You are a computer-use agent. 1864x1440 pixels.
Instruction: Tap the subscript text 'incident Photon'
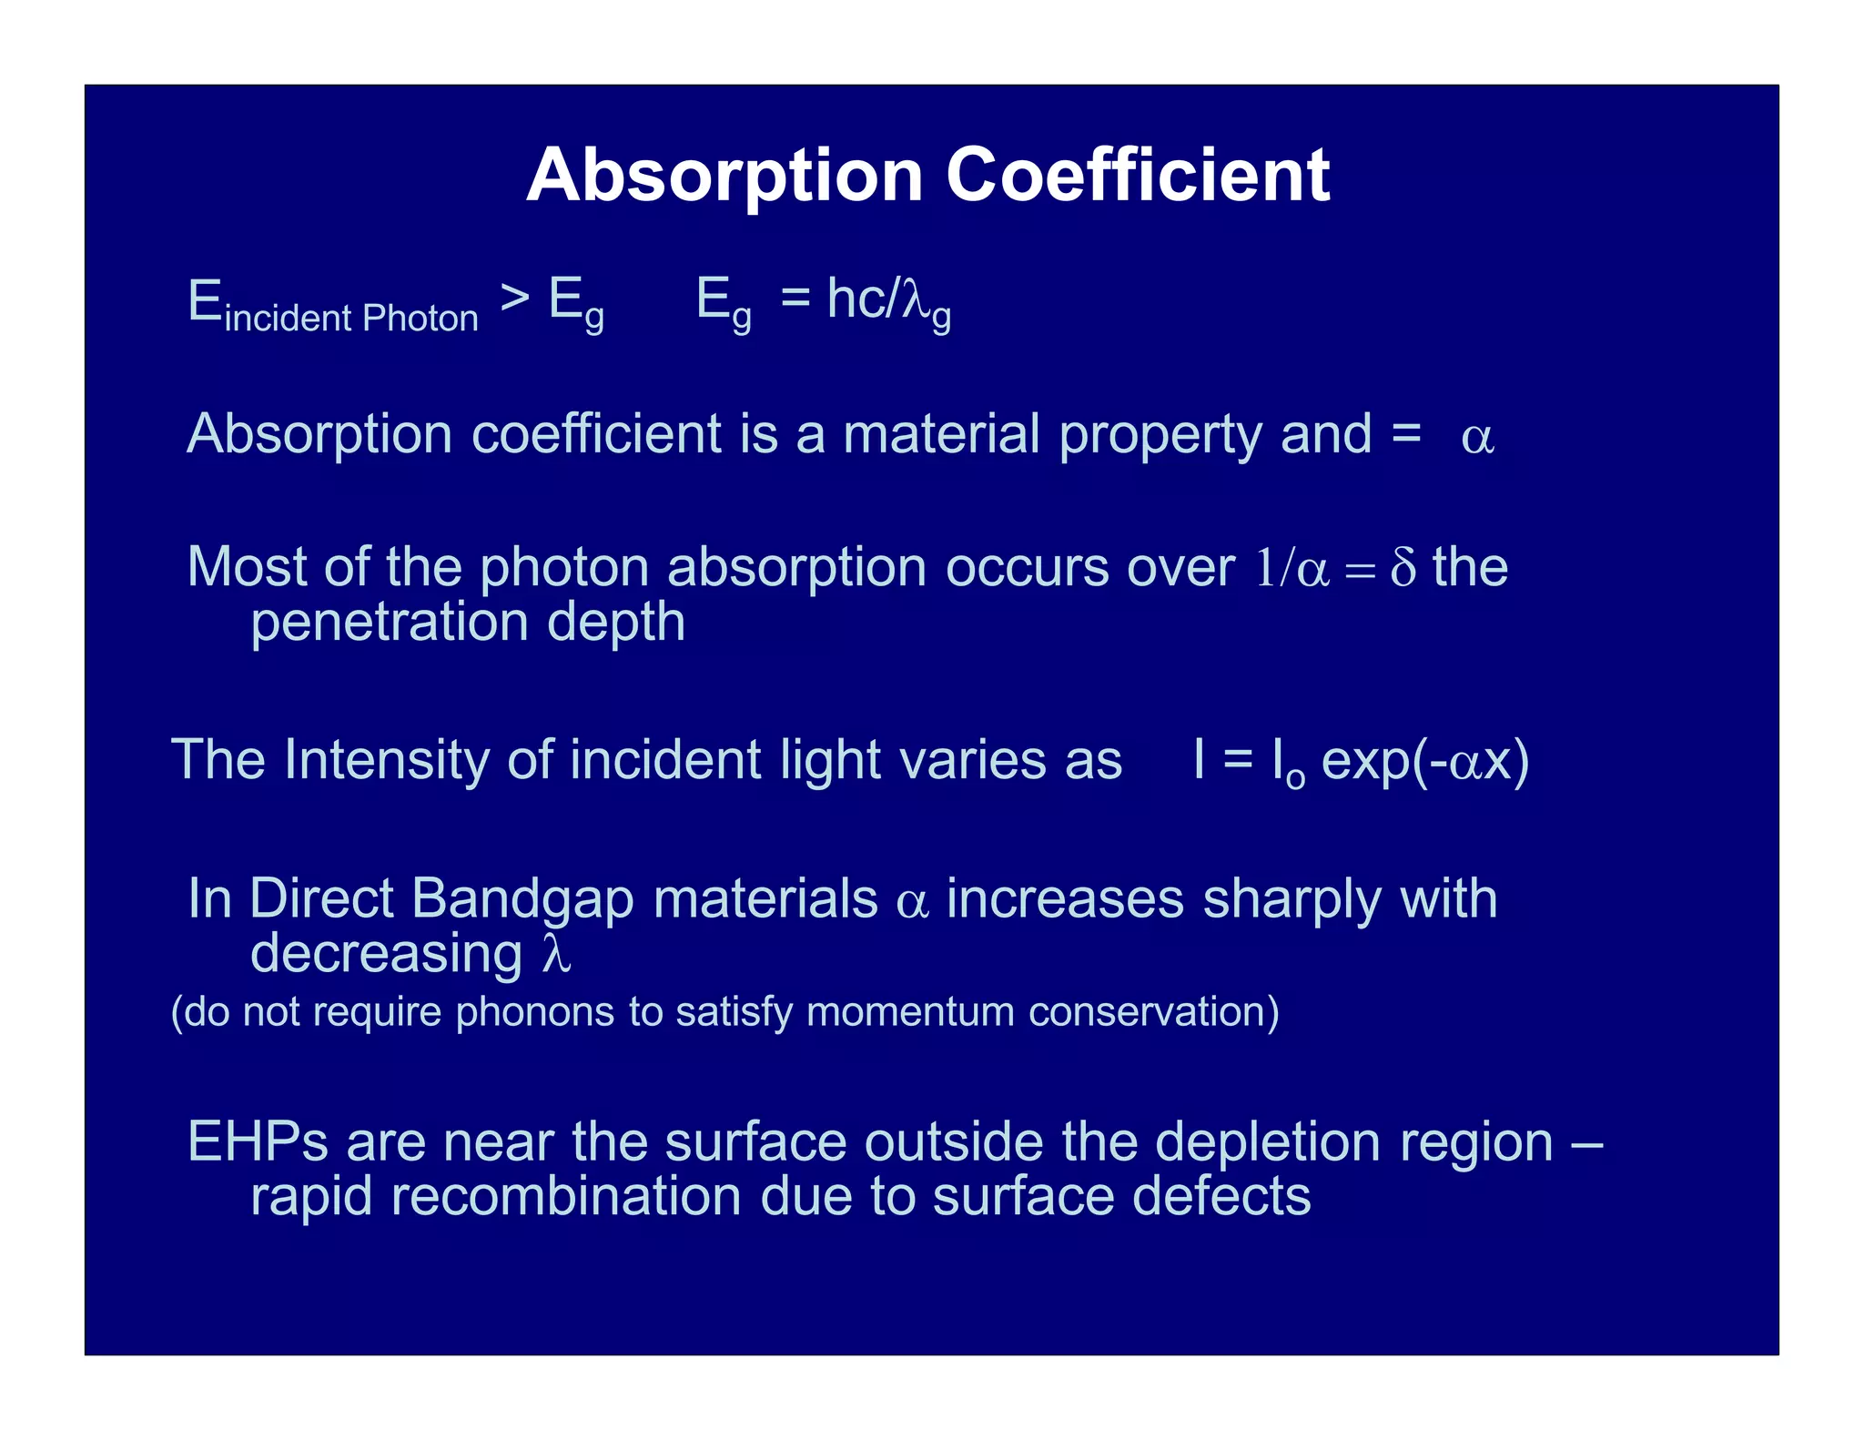click(x=351, y=319)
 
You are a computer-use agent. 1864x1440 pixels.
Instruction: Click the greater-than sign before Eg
click(x=515, y=298)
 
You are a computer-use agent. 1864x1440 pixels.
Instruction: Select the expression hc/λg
click(x=888, y=300)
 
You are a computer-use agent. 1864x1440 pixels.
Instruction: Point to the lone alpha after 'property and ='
click(x=1476, y=438)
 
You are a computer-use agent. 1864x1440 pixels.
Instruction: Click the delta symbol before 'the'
click(x=1403, y=568)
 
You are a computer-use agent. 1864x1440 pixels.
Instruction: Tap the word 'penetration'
click(x=390, y=623)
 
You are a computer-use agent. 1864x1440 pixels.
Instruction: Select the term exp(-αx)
click(x=1424, y=761)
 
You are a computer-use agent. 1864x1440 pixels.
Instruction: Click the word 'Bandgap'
click(x=522, y=899)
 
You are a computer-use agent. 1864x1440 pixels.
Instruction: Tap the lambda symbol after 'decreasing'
click(x=557, y=955)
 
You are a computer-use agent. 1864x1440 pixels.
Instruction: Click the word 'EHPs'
click(x=258, y=1141)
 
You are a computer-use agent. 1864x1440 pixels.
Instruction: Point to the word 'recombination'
click(x=566, y=1196)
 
